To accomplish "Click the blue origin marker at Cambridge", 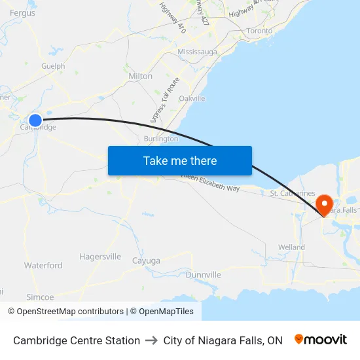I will (x=35, y=120).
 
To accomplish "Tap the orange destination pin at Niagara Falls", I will (x=324, y=205).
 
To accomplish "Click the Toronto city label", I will (x=259, y=31).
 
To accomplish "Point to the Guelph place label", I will (x=53, y=66).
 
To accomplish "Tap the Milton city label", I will (x=140, y=76).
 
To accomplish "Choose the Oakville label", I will (x=192, y=98).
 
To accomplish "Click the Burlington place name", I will (x=160, y=139).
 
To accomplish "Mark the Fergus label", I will (x=22, y=12).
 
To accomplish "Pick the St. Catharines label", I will (x=293, y=194).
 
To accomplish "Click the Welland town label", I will (x=291, y=247).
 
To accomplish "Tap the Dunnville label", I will (x=203, y=274).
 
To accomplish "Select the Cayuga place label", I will (x=146, y=261).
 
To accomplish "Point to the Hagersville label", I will (x=100, y=257).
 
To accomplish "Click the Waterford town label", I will (x=43, y=265).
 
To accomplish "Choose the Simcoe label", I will (x=40, y=297).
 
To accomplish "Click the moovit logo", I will (x=321, y=340).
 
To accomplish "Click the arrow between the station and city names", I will (x=152, y=340).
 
